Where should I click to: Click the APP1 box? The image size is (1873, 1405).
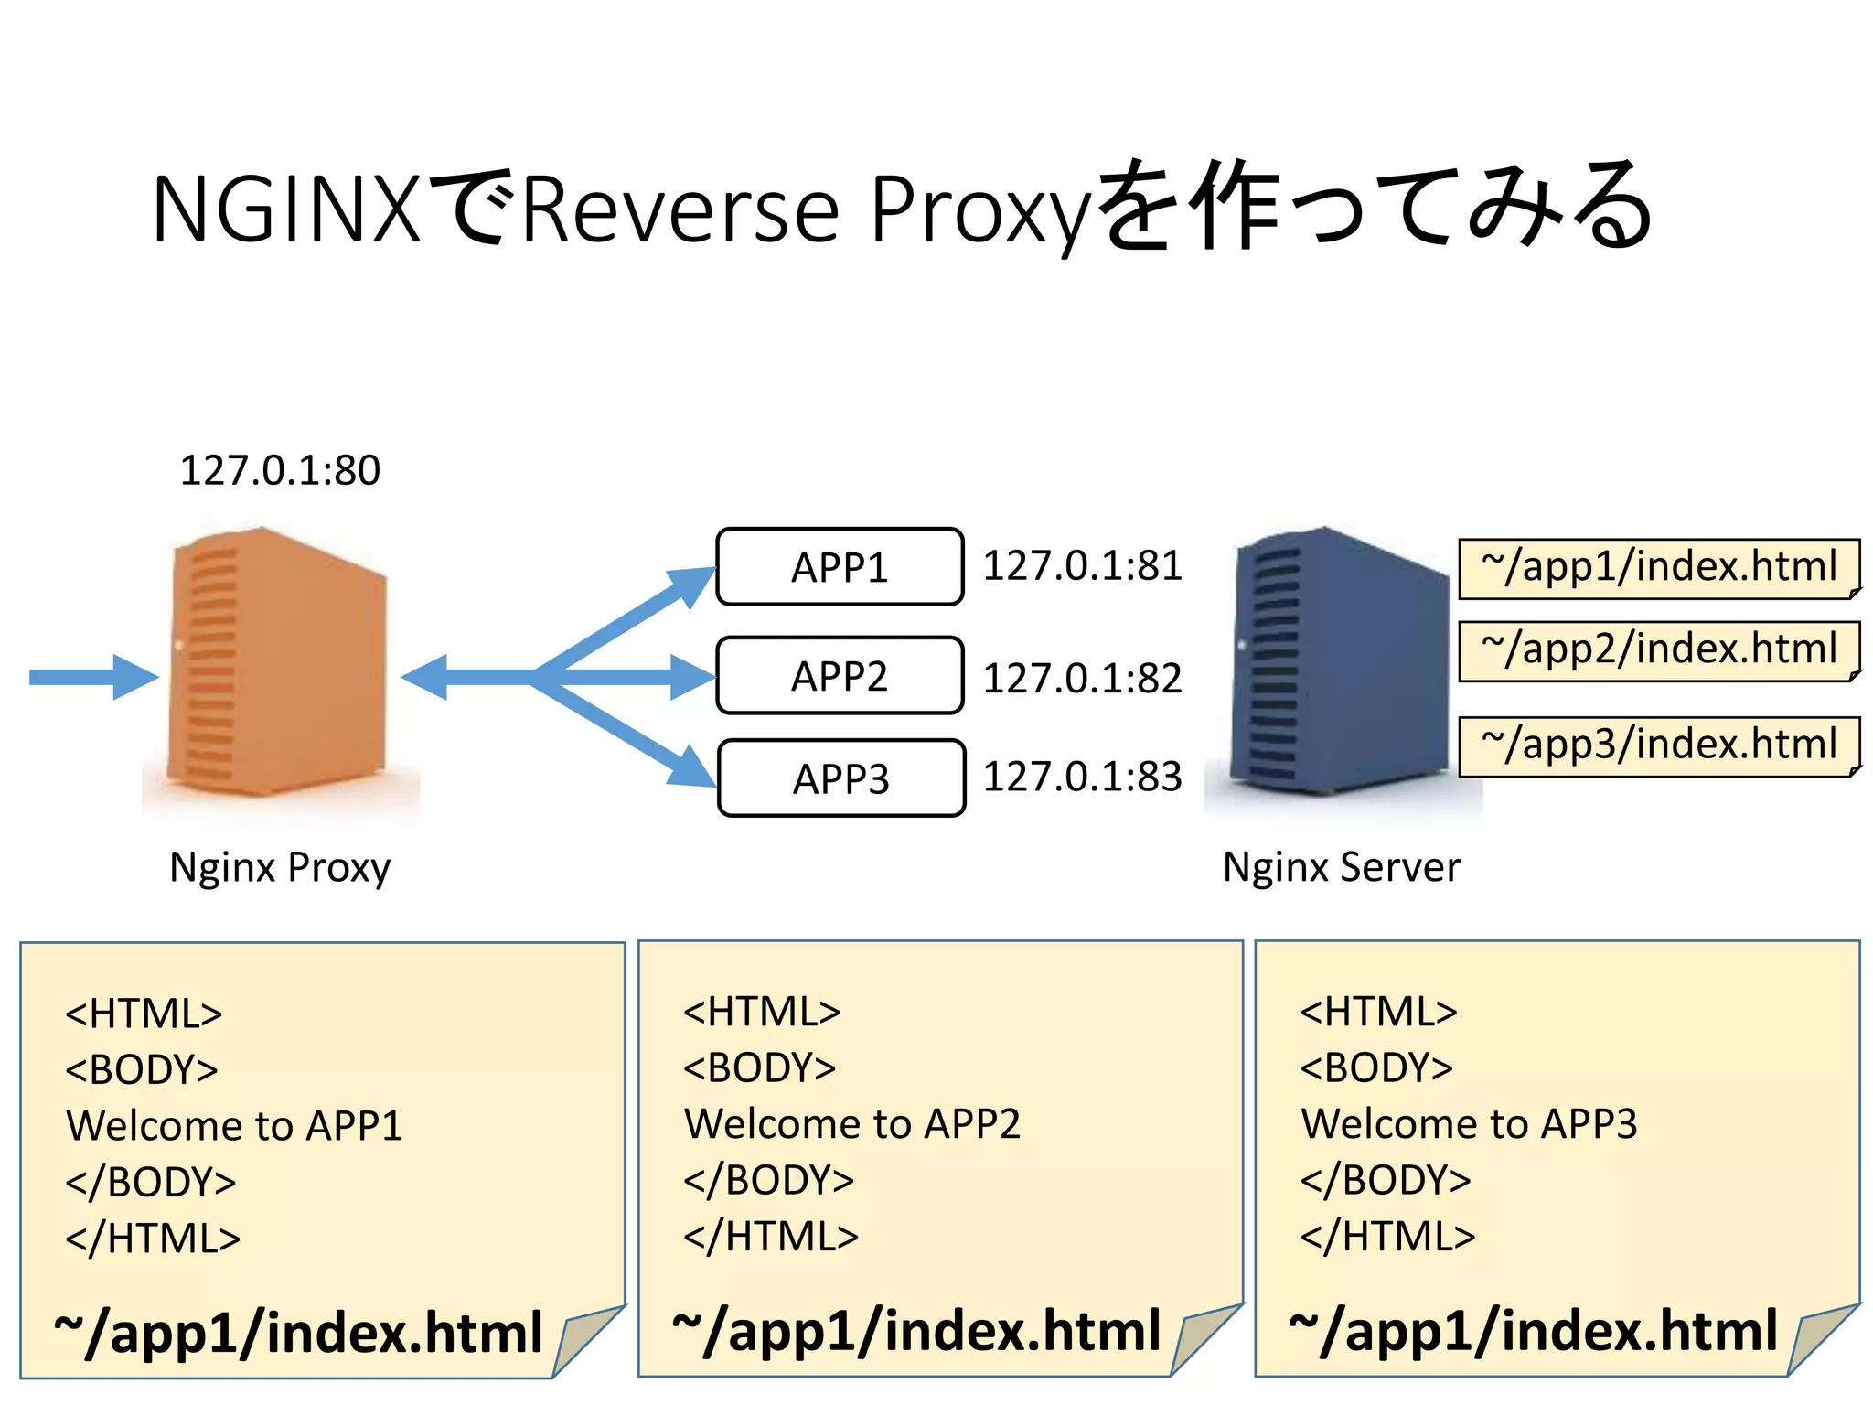(x=840, y=567)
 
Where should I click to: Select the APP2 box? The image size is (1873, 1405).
(x=840, y=676)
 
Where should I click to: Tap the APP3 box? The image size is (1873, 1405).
(x=841, y=778)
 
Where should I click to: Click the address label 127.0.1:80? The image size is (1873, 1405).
(x=280, y=470)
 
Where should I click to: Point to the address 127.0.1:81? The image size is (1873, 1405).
(x=1082, y=565)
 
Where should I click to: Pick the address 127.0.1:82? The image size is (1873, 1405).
(x=1082, y=678)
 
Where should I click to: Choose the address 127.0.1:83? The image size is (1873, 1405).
(x=1082, y=777)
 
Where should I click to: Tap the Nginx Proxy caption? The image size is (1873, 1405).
(x=280, y=866)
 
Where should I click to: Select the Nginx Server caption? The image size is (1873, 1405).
(x=1342, y=866)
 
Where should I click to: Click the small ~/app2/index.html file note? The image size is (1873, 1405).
(x=1658, y=650)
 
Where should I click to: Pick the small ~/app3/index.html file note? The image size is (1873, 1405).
(x=1658, y=745)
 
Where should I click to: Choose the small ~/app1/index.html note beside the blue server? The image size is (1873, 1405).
(x=1658, y=568)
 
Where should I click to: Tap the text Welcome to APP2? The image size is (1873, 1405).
(x=851, y=1123)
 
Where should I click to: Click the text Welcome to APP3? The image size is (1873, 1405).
(x=1469, y=1123)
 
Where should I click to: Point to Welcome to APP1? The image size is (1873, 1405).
(x=234, y=1125)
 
